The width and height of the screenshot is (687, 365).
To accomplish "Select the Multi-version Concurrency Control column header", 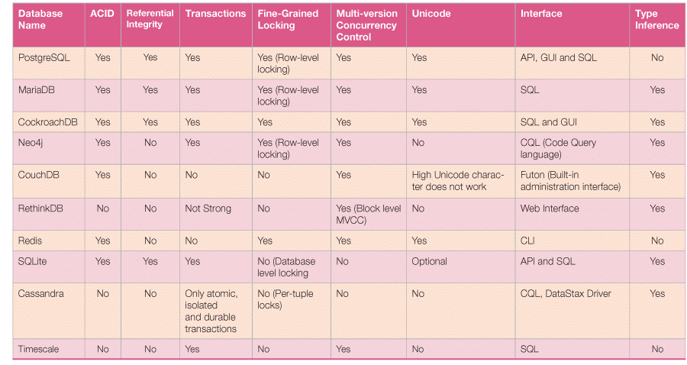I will (366, 25).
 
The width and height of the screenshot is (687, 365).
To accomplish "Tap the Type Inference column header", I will (656, 19).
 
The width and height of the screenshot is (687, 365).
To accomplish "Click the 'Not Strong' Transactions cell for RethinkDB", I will (208, 208).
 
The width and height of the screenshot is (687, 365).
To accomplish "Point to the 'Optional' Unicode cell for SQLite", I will (429, 261).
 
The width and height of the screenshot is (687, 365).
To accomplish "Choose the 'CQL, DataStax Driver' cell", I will (566, 293).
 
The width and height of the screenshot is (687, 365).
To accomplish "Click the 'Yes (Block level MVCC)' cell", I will (366, 214).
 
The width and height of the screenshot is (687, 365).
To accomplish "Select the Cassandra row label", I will (41, 293).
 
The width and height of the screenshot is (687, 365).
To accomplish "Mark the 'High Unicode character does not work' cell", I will (458, 181).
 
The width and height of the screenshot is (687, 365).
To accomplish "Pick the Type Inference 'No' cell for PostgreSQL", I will (657, 57).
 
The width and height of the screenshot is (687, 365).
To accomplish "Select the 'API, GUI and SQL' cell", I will (559, 57).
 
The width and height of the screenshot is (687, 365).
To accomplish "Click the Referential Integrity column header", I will (150, 19).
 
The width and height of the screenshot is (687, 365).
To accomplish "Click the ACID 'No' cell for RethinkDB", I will (102, 208).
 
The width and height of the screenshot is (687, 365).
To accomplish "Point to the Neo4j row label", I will (31, 142).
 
